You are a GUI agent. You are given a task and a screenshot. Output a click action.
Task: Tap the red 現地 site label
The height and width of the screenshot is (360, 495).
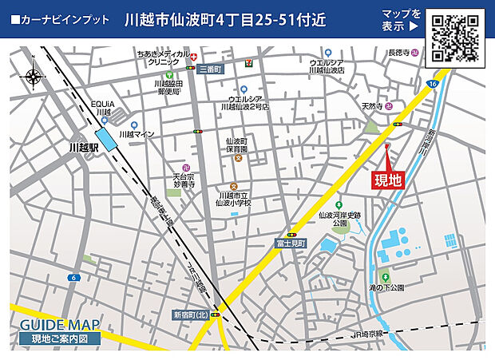[x=389, y=180]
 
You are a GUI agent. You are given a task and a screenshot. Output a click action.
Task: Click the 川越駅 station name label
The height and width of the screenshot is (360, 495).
[x=83, y=148]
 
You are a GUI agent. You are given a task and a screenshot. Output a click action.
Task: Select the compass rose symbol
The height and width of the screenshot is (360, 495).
[x=34, y=77]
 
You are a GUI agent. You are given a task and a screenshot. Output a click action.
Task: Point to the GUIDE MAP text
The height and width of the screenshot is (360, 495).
[x=60, y=325]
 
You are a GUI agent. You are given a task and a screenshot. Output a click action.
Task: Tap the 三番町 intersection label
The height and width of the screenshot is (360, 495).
[x=212, y=69]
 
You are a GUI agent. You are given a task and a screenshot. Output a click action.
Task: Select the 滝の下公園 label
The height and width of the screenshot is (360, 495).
[x=386, y=287]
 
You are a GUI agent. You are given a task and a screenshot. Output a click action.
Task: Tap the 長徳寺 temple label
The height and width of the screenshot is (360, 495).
[x=398, y=53]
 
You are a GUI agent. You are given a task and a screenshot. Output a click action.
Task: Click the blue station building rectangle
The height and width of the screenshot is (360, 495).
[x=105, y=137]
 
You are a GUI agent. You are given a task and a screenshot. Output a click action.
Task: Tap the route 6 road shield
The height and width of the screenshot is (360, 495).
[x=73, y=278]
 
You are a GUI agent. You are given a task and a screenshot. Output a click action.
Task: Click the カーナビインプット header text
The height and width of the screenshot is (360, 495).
[x=61, y=18]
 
